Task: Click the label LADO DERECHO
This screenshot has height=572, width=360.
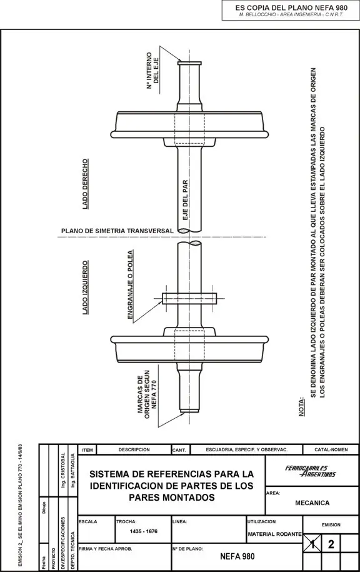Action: [86, 184]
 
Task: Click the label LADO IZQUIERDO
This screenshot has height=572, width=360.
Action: [86, 288]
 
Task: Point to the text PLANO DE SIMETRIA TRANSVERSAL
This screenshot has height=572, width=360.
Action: [117, 231]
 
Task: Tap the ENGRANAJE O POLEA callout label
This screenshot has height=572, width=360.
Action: [130, 285]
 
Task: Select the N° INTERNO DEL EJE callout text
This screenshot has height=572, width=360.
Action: [152, 71]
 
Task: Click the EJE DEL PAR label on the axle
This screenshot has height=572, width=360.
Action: [185, 200]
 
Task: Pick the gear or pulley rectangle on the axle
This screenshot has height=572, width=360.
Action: [189, 299]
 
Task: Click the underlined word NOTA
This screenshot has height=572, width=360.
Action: [302, 407]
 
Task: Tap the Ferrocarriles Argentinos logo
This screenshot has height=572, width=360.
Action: [311, 471]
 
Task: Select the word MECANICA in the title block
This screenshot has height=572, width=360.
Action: [312, 503]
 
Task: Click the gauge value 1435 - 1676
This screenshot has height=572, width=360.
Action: [144, 531]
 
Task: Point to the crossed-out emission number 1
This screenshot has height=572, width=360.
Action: [312, 544]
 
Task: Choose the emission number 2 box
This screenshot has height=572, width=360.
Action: [331, 544]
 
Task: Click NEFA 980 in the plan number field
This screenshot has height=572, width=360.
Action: [237, 556]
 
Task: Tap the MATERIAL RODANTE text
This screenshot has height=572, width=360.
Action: [274, 534]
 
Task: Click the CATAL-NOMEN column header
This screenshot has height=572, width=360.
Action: [331, 450]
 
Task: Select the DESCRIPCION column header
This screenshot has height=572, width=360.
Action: [134, 450]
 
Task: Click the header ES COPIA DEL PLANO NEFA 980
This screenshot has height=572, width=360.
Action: [291, 8]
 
